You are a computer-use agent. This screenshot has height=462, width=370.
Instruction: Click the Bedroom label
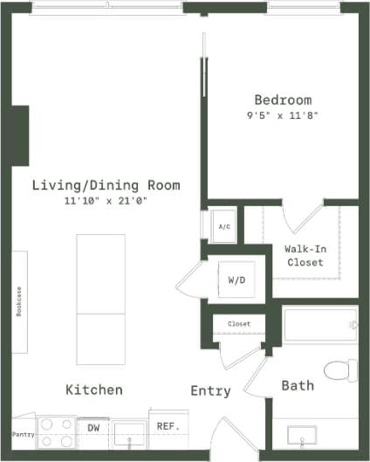[x=283, y=100]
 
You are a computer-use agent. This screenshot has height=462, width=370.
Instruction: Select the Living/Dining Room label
[x=106, y=185]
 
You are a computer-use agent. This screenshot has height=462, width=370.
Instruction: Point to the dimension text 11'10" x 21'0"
[x=106, y=201]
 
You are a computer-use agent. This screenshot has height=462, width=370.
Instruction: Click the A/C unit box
[x=223, y=226]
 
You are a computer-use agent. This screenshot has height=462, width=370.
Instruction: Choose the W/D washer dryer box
[x=236, y=280]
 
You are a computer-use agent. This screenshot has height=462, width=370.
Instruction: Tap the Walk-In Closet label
[x=305, y=255]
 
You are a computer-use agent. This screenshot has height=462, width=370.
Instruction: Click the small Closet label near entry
[x=239, y=324]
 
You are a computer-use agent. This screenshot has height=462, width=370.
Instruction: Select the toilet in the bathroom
[x=341, y=370]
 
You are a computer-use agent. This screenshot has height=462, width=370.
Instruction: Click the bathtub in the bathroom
[x=319, y=326]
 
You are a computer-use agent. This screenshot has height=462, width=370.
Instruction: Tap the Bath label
[x=298, y=385]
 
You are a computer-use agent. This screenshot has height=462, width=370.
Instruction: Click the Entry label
[x=210, y=390]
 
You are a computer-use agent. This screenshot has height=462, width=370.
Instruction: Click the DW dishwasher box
[x=92, y=428]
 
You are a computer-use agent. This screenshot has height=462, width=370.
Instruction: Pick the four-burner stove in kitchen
[x=56, y=432]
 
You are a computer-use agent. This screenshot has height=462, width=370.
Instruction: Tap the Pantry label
[x=22, y=433]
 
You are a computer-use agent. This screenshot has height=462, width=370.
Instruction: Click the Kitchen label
[x=94, y=390]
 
